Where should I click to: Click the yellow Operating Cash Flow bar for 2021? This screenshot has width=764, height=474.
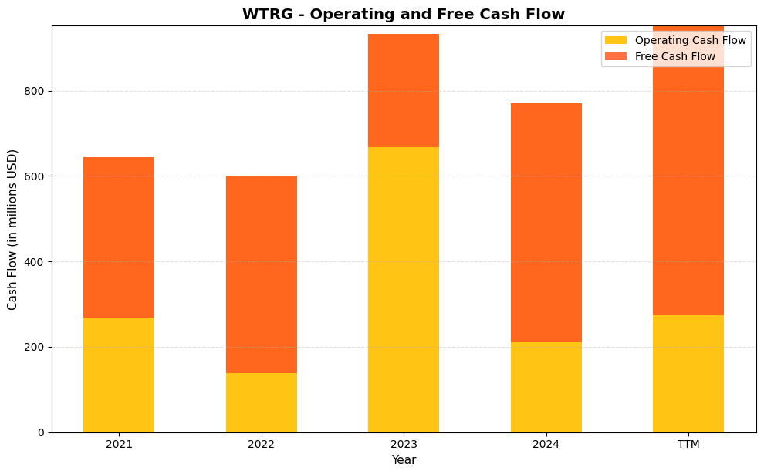[x=119, y=375]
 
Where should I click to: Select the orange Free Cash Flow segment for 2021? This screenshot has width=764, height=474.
[x=119, y=237]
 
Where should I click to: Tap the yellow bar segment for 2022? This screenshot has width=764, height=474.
[x=261, y=402]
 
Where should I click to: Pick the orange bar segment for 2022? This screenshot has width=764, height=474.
[x=261, y=274]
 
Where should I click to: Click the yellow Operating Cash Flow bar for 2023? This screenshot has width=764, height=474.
[x=404, y=289]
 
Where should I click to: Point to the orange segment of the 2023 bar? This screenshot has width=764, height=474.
[x=404, y=90]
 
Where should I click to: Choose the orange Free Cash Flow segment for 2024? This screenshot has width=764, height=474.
[x=546, y=223]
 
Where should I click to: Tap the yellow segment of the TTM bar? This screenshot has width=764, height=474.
[x=688, y=374]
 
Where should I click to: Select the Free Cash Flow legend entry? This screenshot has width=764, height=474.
[x=674, y=56]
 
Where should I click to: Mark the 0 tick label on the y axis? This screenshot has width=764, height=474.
[x=41, y=432]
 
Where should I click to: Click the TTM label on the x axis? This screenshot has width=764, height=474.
[x=688, y=445]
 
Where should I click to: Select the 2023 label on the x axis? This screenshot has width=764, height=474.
[x=404, y=445]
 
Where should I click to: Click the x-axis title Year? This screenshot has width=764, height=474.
[x=404, y=460]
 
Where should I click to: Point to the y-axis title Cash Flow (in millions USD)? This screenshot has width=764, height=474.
[x=12, y=229]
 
